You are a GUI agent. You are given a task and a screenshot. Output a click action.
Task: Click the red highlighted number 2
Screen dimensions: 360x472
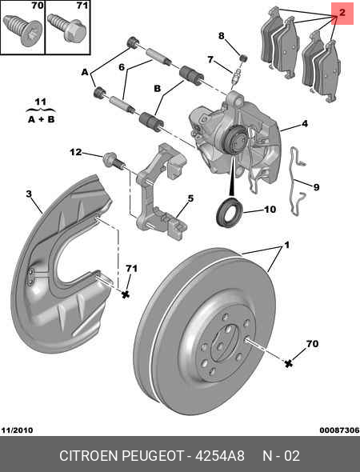tap(342, 13)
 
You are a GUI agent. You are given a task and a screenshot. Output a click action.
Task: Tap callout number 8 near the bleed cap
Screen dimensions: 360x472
tap(222, 36)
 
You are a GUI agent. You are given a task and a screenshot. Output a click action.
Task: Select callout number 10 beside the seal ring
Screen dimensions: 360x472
tap(270, 209)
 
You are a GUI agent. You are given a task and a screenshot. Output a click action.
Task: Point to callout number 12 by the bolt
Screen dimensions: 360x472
tap(75, 152)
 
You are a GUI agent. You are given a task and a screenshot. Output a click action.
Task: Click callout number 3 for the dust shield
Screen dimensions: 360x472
tap(29, 194)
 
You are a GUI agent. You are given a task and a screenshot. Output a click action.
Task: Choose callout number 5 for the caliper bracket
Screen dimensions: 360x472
tap(190, 198)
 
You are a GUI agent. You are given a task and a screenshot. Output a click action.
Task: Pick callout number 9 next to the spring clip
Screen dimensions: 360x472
tap(316, 187)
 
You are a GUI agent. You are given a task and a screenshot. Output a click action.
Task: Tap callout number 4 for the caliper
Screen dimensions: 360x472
tap(305, 123)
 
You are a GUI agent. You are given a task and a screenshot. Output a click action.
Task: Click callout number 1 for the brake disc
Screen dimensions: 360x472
tap(287, 245)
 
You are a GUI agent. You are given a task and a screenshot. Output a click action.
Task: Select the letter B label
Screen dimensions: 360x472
tap(158, 89)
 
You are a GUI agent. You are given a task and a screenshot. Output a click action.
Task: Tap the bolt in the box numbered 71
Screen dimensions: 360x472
tap(67, 29)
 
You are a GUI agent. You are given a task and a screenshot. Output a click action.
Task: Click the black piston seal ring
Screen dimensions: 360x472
tap(230, 212)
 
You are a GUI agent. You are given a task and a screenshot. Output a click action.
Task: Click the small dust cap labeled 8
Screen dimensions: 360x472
tap(243, 58)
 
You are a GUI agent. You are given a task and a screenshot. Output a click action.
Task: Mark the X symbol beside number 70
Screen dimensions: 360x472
tap(288, 364)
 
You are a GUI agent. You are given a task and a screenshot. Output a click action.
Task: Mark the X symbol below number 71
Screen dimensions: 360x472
tap(126, 294)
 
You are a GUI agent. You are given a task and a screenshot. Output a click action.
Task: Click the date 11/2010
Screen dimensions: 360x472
tap(17, 430)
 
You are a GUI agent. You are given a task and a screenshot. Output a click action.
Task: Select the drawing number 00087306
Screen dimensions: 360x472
tap(339, 430)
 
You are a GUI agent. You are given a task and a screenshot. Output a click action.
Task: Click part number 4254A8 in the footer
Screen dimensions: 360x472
tap(220, 456)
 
